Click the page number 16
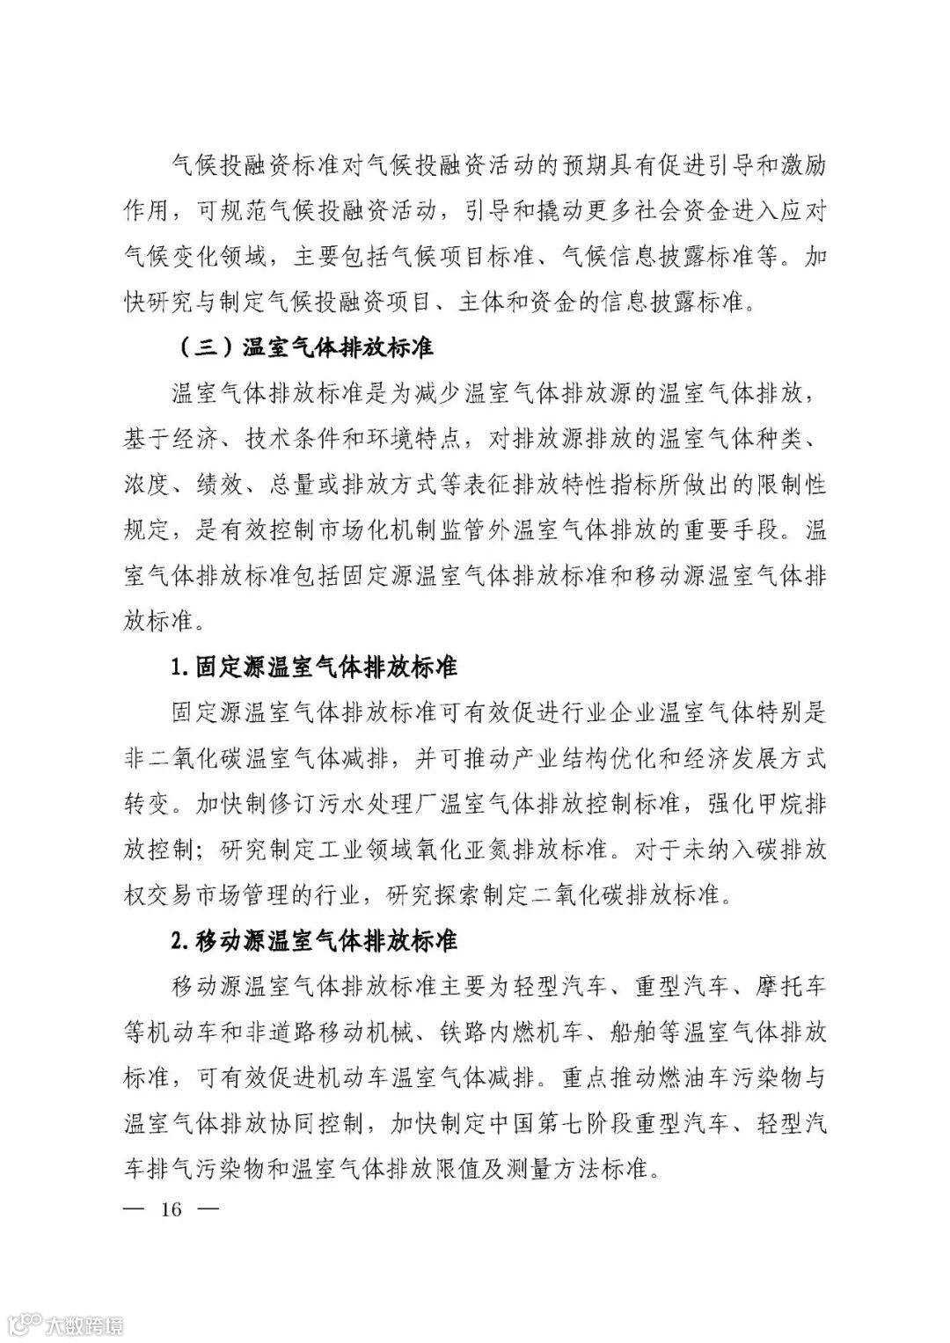[171, 1209]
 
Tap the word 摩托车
[789, 988]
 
